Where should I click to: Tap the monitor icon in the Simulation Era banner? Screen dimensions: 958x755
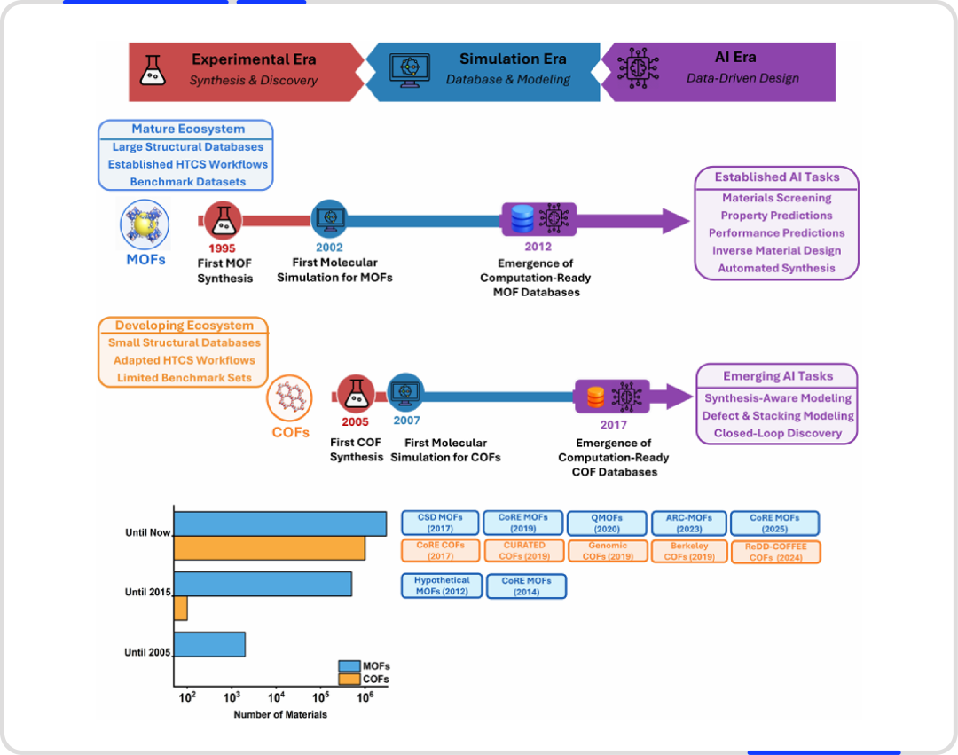409,71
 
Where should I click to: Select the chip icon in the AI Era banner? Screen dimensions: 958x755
638,67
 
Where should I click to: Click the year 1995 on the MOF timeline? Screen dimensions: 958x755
222,248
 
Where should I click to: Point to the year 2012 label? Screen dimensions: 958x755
538,246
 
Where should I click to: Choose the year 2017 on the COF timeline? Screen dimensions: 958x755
614,425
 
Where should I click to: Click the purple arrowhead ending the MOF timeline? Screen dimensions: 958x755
676,221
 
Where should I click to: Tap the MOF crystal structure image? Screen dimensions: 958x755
145,224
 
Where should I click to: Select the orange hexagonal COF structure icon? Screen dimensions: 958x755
289,397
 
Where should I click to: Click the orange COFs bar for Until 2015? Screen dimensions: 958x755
181,609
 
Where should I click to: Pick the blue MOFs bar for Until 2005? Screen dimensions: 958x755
209,644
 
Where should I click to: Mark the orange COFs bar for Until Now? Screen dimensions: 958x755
270,548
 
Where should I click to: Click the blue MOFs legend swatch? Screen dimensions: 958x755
349,665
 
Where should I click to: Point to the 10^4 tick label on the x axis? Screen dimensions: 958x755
276,697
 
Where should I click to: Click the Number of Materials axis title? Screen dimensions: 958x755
280,714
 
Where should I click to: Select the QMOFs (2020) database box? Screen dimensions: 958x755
607,523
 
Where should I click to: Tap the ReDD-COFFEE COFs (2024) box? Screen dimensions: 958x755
776,552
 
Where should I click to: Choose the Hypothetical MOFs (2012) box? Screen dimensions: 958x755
442,586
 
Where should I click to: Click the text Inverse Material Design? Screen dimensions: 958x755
776,250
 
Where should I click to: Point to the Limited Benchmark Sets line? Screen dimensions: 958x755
184,378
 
